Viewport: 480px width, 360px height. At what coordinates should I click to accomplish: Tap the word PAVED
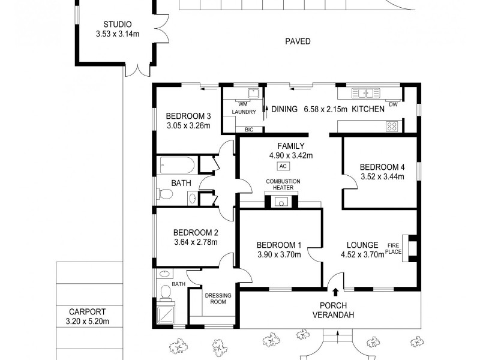[x=298, y=41]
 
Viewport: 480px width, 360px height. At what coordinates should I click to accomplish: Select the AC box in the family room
[x=283, y=166]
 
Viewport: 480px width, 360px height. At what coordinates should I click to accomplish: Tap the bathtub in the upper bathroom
[x=176, y=165]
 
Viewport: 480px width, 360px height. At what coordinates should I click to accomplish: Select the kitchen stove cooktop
[x=392, y=126]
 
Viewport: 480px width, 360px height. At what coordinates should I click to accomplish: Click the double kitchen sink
[x=362, y=93]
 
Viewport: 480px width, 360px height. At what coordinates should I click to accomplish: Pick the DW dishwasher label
[x=393, y=105]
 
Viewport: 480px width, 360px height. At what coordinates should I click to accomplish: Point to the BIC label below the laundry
[x=248, y=129]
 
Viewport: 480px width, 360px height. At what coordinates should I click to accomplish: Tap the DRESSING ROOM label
[x=214, y=298]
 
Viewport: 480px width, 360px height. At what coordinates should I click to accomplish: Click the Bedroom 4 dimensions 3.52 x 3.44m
[x=380, y=176]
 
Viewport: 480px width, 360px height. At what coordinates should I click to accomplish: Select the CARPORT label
[x=87, y=312]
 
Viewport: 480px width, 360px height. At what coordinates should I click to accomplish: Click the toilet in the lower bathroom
[x=165, y=292]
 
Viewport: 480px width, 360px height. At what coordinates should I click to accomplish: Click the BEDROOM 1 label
[x=278, y=245]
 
